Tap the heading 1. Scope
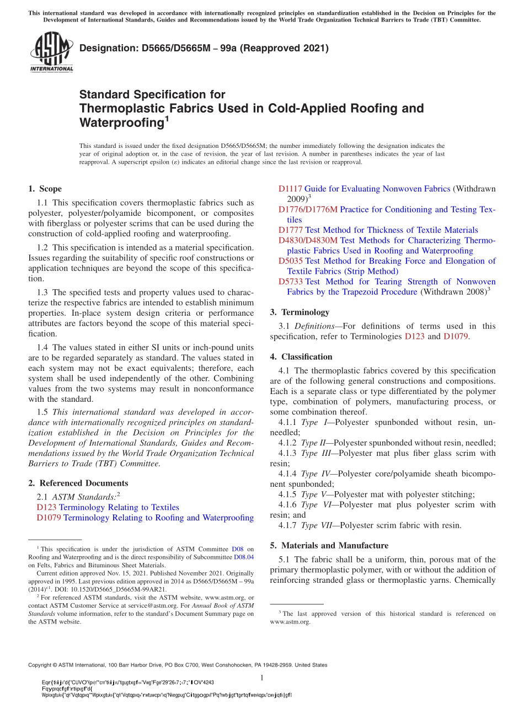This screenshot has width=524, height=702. (45, 189)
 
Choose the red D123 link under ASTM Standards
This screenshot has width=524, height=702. (46, 507)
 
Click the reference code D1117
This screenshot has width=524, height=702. (290, 189)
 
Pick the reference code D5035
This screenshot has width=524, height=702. (290, 261)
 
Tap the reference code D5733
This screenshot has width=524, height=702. (290, 282)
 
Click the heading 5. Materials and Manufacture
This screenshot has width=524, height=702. (329, 545)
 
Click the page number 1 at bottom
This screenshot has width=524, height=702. (262, 678)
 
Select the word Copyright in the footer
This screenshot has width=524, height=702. (42, 665)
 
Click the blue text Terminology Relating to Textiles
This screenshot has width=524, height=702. (119, 507)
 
